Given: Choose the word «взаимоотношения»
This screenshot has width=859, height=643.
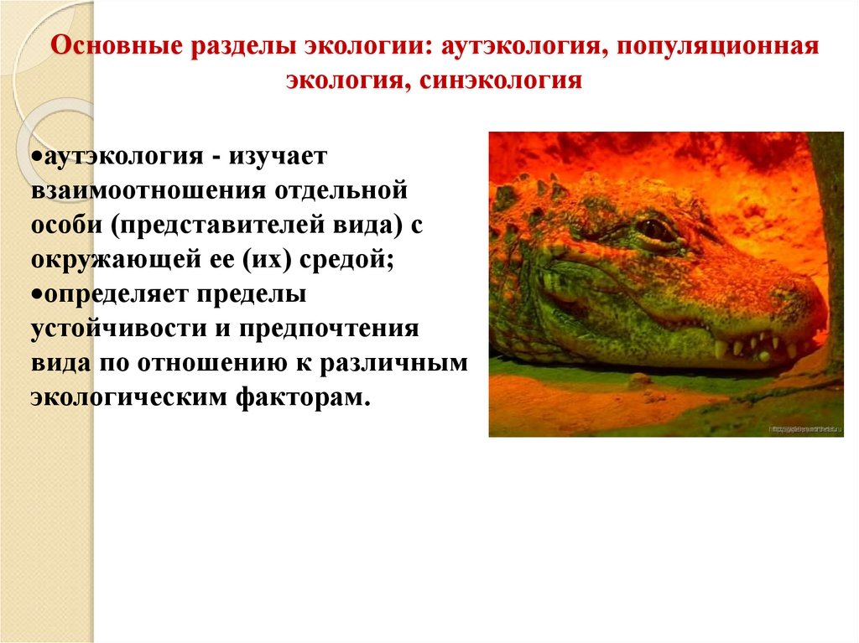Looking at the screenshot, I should pos(148,189).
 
